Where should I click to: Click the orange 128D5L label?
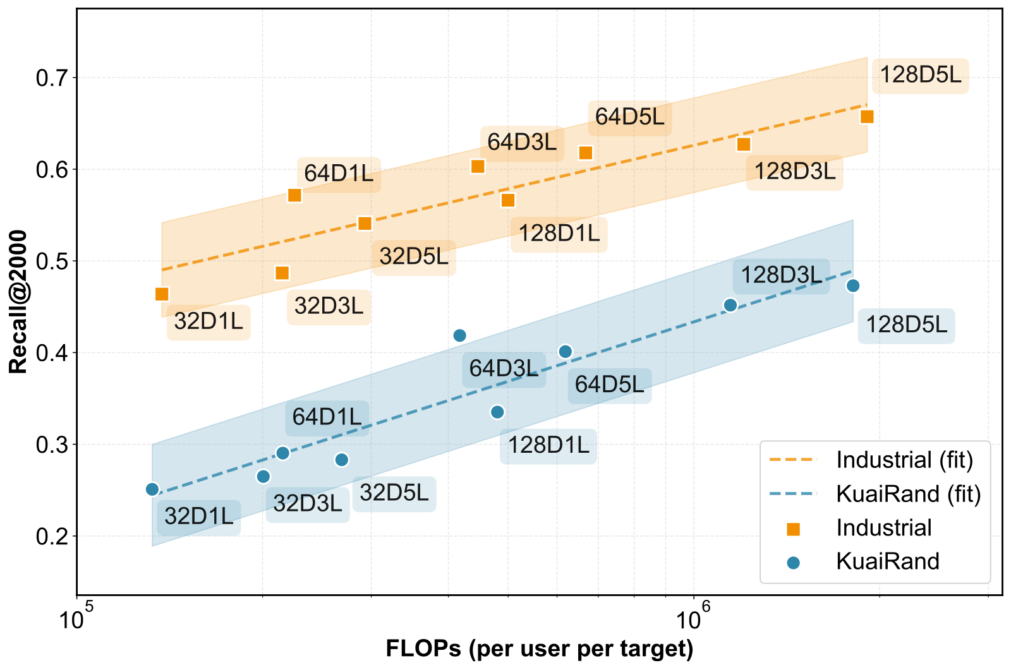tap(920, 75)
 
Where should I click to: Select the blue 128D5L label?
tap(906, 325)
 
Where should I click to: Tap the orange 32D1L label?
tap(209, 321)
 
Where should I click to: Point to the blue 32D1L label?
tap(198, 517)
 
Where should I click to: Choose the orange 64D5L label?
tap(629, 117)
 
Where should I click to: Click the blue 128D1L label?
tap(548, 446)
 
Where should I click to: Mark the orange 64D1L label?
tap(339, 174)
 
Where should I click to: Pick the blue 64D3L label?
tap(504, 369)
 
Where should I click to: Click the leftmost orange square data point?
tap(162, 294)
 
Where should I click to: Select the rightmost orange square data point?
tap(867, 117)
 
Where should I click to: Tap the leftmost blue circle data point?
tap(152, 489)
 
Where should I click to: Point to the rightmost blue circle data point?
tap(853, 285)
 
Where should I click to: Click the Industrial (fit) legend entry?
tap(871, 460)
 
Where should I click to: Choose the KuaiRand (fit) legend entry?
tap(875, 494)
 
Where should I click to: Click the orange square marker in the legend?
tap(794, 529)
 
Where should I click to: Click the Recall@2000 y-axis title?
tap(18, 302)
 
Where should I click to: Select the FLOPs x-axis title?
tap(540, 649)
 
